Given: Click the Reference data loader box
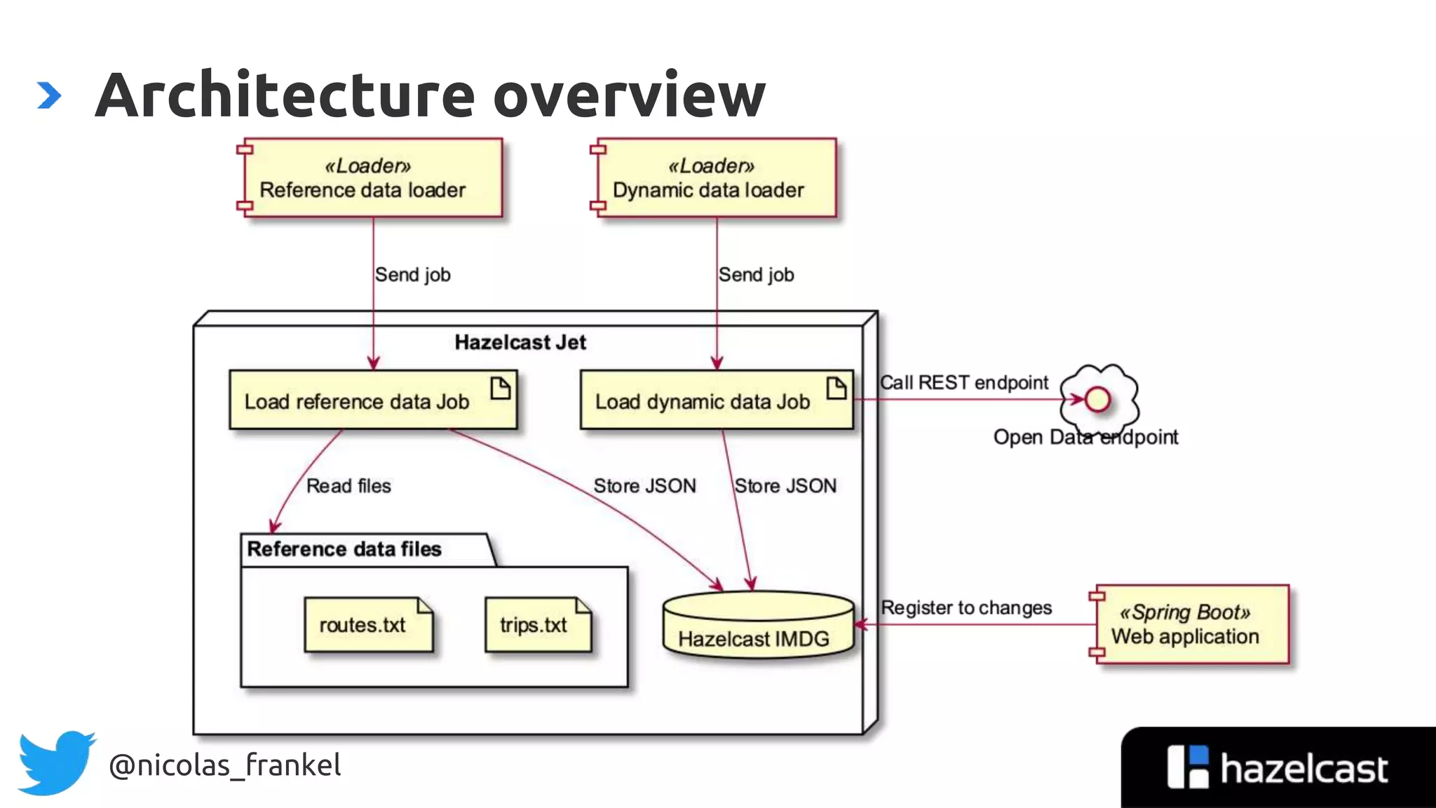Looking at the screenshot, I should (372, 178).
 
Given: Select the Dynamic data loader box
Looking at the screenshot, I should (715, 178).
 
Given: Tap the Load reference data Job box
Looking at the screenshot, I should (372, 400).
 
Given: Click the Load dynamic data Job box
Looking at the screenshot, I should (716, 400).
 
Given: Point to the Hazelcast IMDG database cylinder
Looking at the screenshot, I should (758, 626).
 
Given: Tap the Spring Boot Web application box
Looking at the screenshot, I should (1191, 624).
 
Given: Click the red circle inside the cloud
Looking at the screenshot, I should (1097, 400).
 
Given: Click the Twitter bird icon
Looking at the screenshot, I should (56, 762).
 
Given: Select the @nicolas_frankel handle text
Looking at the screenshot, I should (224, 765).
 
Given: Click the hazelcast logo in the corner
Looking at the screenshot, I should (1276, 768).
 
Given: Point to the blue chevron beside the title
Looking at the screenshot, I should (48, 95).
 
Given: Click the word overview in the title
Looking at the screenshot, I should (629, 95).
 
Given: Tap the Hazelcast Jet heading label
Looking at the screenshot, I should (520, 342).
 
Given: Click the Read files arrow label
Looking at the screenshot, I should (348, 486).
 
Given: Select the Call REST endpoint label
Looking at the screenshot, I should (964, 383).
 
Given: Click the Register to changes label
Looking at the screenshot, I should (966, 607).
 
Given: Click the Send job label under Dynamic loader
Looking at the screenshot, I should (756, 275).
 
